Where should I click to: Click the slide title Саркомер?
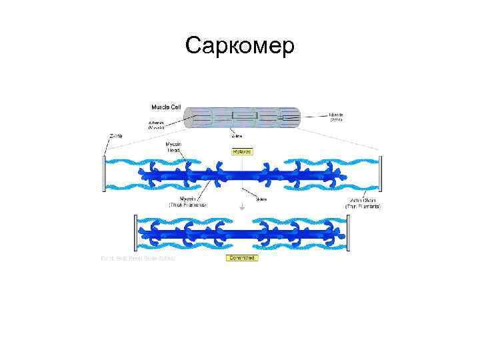pos(240,45)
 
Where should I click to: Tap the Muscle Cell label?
pos(165,107)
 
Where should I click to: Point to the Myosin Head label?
pos(175,147)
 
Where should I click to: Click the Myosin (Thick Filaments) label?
pos(187,202)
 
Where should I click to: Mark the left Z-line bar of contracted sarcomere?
pos(135,233)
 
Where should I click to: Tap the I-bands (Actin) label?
pos(338,117)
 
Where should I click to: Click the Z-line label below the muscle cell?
pos(236,136)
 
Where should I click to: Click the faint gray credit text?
pos(137,258)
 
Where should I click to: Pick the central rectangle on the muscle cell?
pos(245,116)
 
